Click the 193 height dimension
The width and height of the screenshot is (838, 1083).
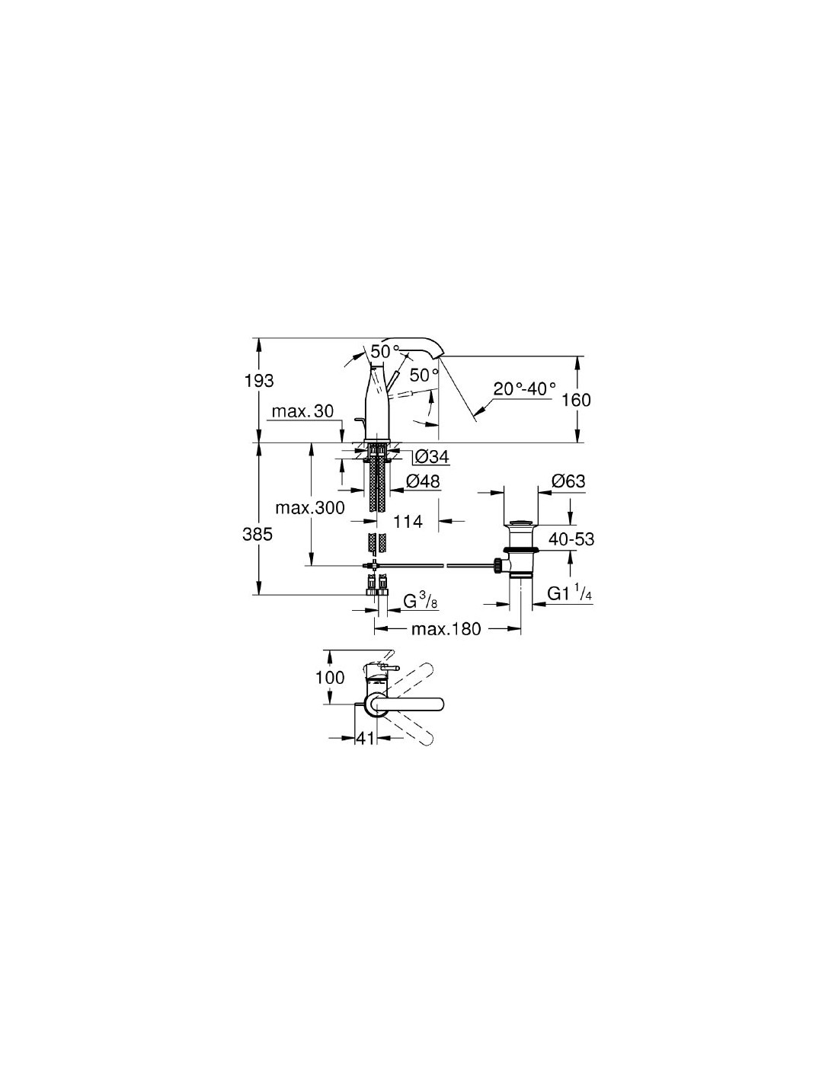[259, 382]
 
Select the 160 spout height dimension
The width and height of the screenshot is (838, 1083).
[576, 400]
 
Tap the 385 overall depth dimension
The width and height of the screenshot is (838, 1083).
[257, 535]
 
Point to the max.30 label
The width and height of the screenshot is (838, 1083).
[303, 411]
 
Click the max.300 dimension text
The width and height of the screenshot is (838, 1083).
[310, 508]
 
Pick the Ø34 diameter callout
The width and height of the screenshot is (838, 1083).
[432, 456]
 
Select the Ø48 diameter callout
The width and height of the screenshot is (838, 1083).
[423, 481]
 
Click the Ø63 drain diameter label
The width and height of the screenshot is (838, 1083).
[568, 481]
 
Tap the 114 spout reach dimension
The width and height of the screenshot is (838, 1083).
[408, 522]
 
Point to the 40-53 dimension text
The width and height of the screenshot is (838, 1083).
[572, 538]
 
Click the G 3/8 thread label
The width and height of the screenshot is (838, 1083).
[421, 602]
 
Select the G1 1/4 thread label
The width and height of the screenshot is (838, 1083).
[570, 593]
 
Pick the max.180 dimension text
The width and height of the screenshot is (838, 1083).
[446, 629]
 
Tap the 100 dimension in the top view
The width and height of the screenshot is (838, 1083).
[330, 678]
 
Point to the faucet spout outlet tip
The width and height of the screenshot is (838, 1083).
[440, 356]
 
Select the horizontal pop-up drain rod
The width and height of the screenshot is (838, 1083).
[433, 566]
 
